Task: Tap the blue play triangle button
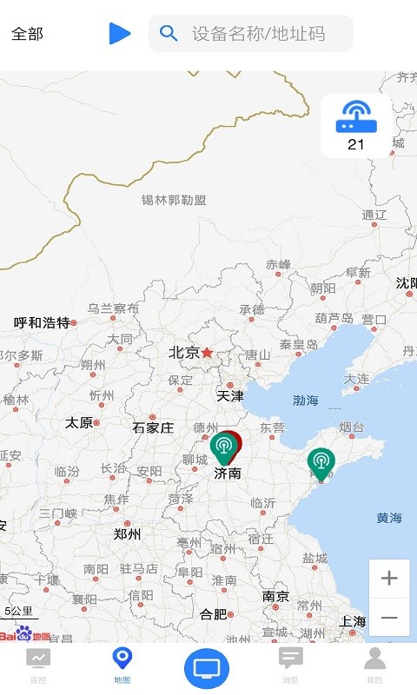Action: (x=119, y=34)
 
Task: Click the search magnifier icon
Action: (x=169, y=34)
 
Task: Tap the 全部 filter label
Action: (x=27, y=34)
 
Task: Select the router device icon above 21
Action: (x=355, y=116)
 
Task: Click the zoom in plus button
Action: (x=389, y=579)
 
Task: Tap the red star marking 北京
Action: (x=207, y=353)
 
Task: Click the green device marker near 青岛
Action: (x=321, y=463)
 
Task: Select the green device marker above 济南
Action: (x=224, y=447)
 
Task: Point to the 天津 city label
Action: (x=230, y=396)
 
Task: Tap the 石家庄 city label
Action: (x=153, y=427)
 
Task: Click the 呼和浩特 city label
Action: (x=42, y=323)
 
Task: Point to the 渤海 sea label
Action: (x=305, y=400)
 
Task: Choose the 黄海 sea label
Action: (x=389, y=518)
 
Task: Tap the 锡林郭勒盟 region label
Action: (x=174, y=200)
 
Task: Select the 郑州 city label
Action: (x=127, y=534)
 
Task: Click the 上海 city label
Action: (x=353, y=621)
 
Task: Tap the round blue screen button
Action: (x=207, y=668)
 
